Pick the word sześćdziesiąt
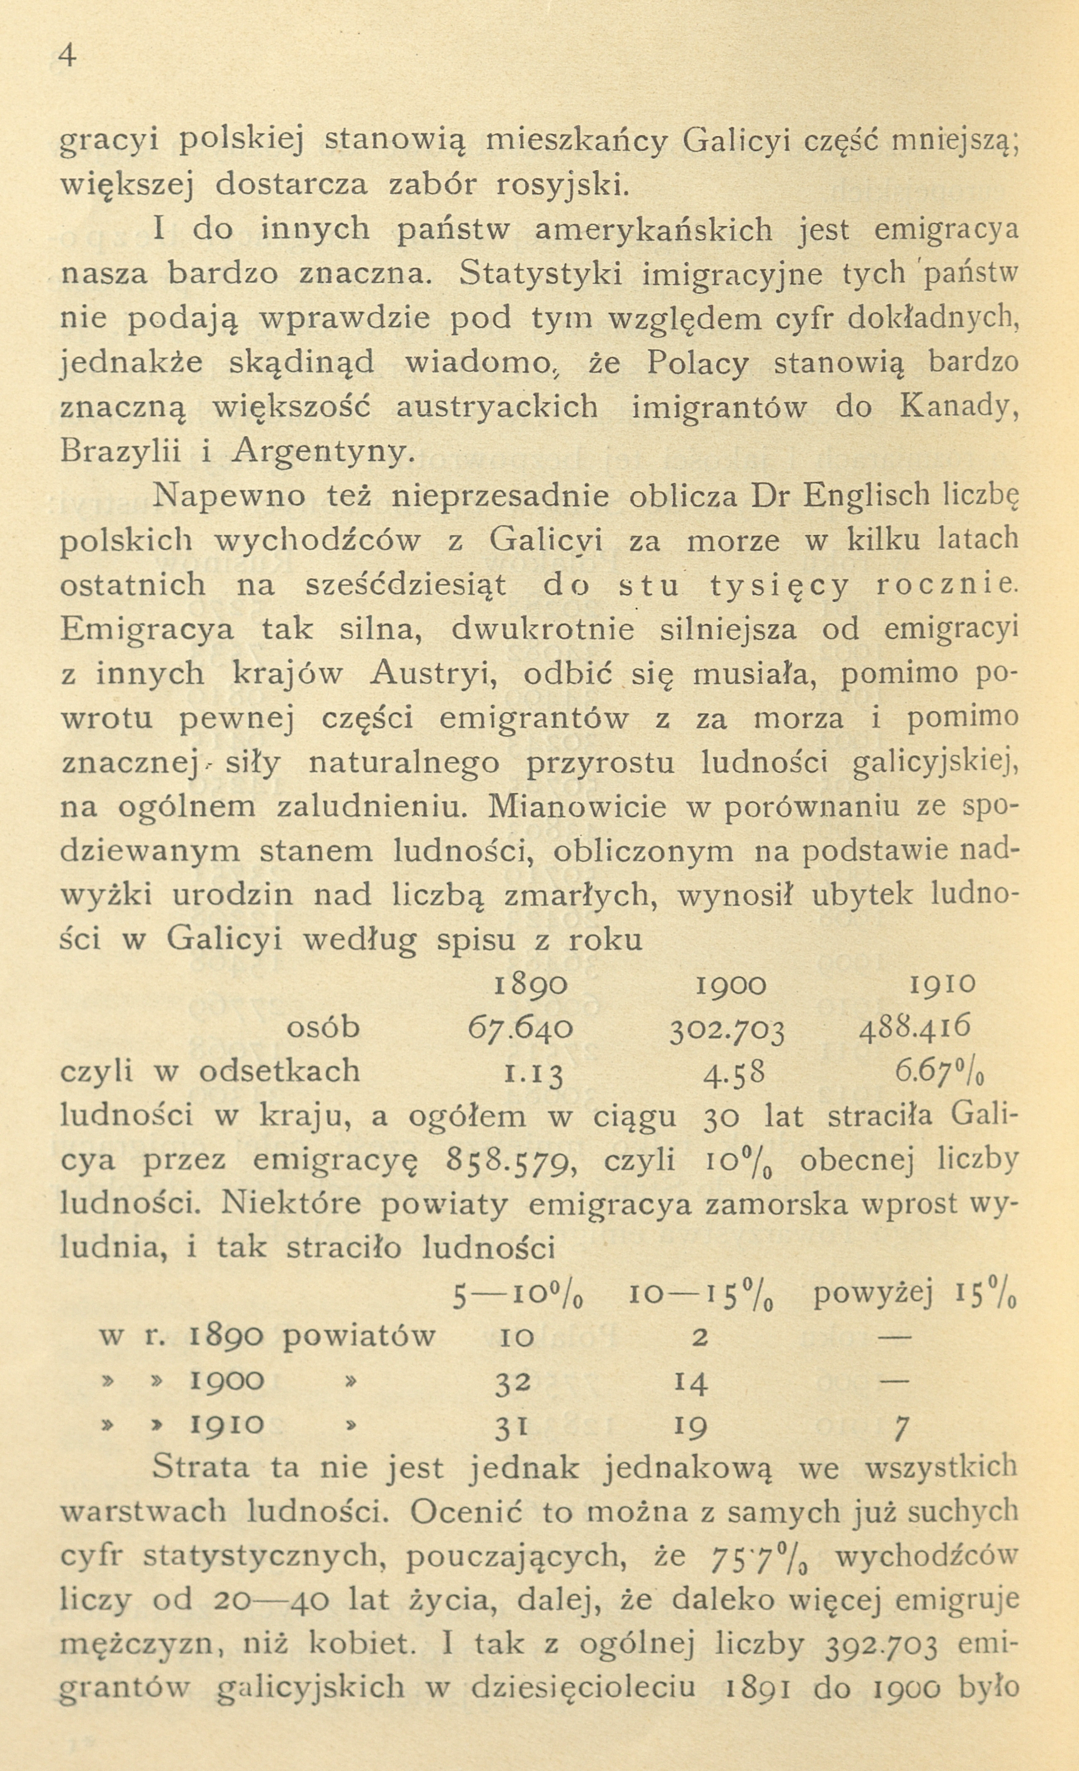click(x=406, y=585)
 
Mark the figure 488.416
click(x=915, y=1026)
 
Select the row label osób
click(x=323, y=1028)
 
